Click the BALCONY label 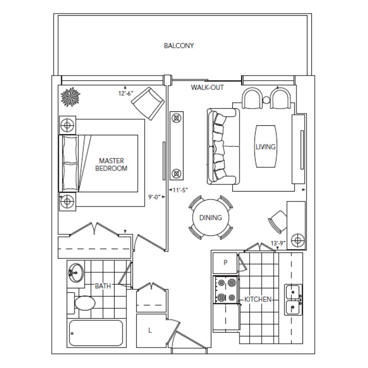pyautogui.click(x=179, y=46)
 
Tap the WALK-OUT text pyautogui.click(x=207, y=87)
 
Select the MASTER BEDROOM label pyautogui.click(x=111, y=165)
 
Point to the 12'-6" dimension pyautogui.click(x=125, y=93)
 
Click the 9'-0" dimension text pyautogui.click(x=154, y=197)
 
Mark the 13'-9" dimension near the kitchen pyautogui.click(x=278, y=243)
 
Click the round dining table pyautogui.click(x=211, y=217)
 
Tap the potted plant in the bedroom pyautogui.click(x=71, y=97)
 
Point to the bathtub pyautogui.click(x=96, y=333)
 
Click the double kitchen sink pyautogui.click(x=293, y=300)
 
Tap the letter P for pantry pyautogui.click(x=226, y=262)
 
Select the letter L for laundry pyautogui.click(x=150, y=330)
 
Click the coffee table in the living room pyautogui.click(x=266, y=147)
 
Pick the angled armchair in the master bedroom pyautogui.click(x=148, y=104)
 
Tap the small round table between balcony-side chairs pyautogui.click(x=266, y=100)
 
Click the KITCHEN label pyautogui.click(x=258, y=299)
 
